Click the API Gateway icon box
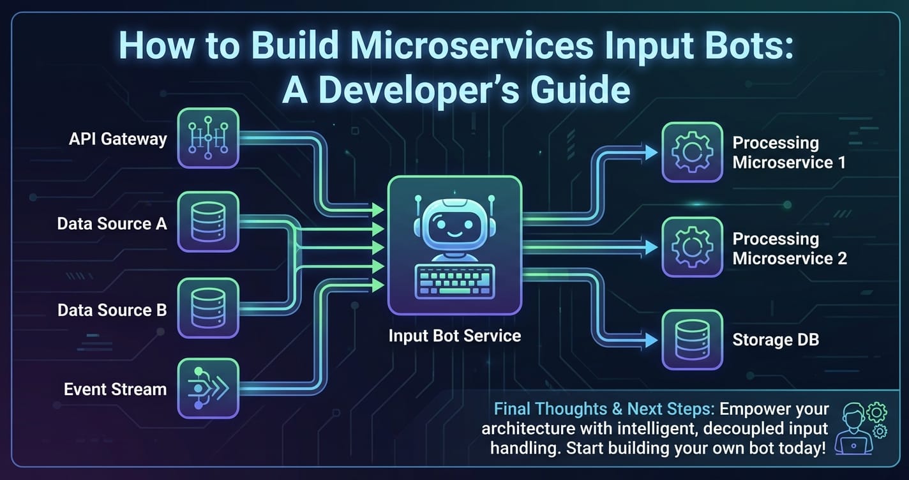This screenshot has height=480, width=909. click(208, 138)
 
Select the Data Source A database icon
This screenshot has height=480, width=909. click(208, 221)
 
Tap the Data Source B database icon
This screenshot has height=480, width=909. click(208, 308)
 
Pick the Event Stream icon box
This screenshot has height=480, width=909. click(208, 388)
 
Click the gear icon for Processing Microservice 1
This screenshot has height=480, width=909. click(692, 153)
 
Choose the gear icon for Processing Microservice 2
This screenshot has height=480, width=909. click(692, 247)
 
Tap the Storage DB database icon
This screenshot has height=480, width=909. click(692, 340)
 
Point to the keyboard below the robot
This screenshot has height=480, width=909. click(454, 281)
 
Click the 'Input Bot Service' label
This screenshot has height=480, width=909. click(454, 335)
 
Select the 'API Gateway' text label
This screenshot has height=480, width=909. click(118, 139)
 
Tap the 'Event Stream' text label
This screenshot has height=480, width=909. click(115, 389)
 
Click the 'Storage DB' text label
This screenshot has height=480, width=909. click(775, 340)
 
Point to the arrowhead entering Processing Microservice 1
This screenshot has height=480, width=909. click(651, 153)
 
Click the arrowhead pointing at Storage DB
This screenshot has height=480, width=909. click(651, 341)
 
